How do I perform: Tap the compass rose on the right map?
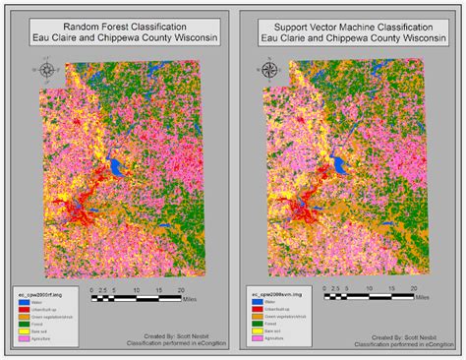point(269,70)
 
